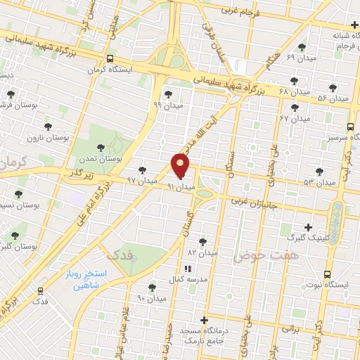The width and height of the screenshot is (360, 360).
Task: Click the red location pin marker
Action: coord(181,165)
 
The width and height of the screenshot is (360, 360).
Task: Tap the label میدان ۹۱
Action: coord(180,188)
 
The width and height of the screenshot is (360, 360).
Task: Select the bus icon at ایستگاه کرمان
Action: coord(109,59)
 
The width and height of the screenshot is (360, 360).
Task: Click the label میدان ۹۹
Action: coord(167,105)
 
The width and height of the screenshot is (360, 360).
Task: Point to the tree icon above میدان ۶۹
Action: coord(302,47)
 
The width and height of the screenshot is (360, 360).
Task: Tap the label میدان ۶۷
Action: coord(295,118)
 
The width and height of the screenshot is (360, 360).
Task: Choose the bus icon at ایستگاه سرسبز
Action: coord(349,127)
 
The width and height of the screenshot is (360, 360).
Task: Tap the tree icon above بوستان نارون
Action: coord(48,127)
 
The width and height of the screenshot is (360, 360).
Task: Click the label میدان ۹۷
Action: coord(141,181)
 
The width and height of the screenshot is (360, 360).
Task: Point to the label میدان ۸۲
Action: coord(202,252)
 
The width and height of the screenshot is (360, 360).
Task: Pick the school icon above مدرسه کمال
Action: coord(187,269)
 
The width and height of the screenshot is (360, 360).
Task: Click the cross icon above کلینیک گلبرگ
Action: coord(308,227)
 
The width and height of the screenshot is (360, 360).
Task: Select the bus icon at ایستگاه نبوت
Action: coord(326,275)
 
